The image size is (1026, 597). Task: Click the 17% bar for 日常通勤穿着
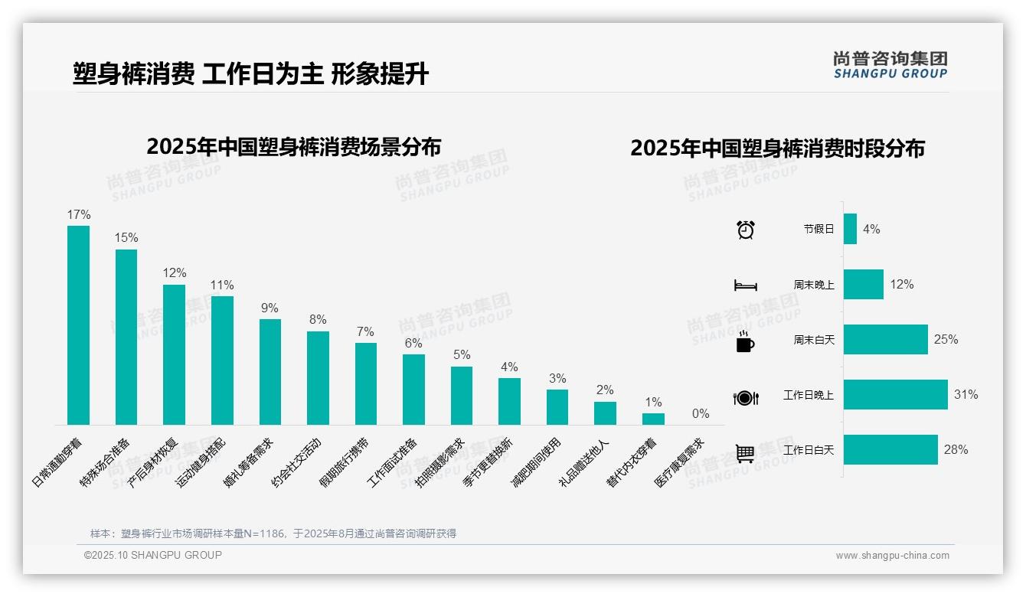click(x=78, y=325)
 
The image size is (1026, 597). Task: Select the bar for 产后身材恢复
click(x=174, y=354)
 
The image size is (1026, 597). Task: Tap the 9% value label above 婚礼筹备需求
click(x=270, y=308)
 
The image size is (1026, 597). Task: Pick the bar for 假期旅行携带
click(x=366, y=383)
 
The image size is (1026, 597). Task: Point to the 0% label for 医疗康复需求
click(x=701, y=414)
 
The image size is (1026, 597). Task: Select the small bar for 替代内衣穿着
click(x=653, y=419)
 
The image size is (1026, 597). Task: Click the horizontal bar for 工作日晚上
click(x=895, y=395)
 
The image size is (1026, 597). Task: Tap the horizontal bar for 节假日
click(x=850, y=229)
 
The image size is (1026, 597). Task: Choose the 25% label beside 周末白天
click(x=946, y=339)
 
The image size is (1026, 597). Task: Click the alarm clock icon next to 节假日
click(x=746, y=230)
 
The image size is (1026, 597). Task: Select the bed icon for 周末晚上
click(x=746, y=285)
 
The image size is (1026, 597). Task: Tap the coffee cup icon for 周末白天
click(x=745, y=341)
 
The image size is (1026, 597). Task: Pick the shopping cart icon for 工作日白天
click(x=745, y=453)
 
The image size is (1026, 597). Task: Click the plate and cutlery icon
click(x=746, y=397)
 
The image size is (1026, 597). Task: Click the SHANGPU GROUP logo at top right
click(x=890, y=65)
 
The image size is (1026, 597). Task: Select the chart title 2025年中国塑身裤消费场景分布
click(x=293, y=146)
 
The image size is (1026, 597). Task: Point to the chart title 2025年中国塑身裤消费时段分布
click(x=777, y=148)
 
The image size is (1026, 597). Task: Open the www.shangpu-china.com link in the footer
click(x=892, y=556)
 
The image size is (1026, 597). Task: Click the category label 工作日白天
click(x=809, y=450)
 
